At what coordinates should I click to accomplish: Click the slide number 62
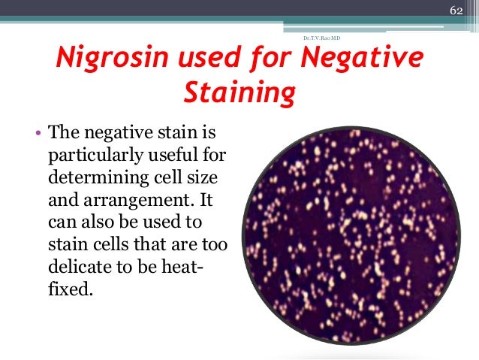[x=455, y=11]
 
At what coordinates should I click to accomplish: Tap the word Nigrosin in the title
[x=103, y=59]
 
